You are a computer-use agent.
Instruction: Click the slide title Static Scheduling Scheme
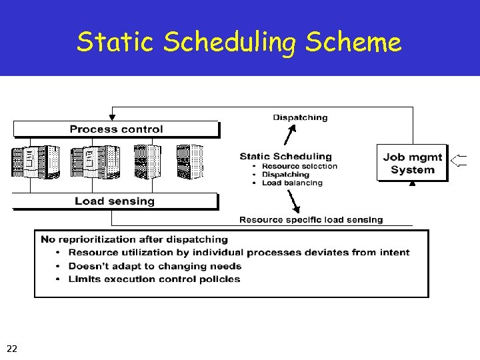pos(239,43)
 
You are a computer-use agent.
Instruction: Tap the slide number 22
pos(12,348)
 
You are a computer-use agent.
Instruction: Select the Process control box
pos(116,129)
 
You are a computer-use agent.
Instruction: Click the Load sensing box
pos(115,201)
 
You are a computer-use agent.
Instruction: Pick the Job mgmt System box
pos(412,163)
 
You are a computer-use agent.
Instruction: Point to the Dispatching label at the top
pos(300,117)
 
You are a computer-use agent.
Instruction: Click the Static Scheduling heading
pos(285,157)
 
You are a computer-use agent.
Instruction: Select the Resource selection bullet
pos(299,166)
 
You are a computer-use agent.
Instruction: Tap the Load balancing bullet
pos(292,183)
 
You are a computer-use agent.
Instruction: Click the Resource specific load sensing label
pos(311,219)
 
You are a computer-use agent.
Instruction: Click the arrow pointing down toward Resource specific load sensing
pos(293,201)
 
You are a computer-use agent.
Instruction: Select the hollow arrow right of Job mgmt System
pos(459,160)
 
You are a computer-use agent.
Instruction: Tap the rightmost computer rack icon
pos(188,162)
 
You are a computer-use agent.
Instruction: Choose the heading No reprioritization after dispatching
pos(134,239)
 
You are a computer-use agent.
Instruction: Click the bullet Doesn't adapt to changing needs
pos(155,265)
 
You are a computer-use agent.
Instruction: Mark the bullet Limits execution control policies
pos(154,279)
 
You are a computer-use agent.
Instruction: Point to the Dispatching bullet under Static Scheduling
pos(285,175)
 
